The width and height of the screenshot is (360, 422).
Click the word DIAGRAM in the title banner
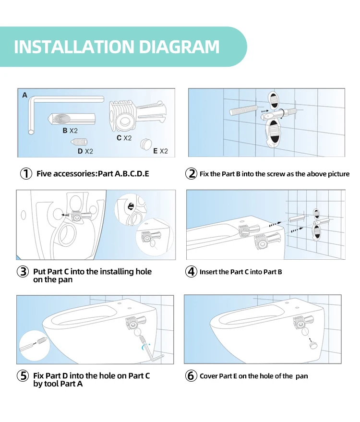pos(179,47)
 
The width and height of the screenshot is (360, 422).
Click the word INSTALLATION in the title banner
pos(74,47)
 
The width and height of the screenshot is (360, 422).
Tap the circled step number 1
pos(26,174)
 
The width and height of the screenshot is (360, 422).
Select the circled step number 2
pos(191,174)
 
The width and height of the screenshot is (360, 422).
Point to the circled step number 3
pos(23,272)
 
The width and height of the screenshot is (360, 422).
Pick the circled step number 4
pos(191,272)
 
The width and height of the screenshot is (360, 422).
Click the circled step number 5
pos(23,376)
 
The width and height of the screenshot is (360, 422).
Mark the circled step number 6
pos(191,376)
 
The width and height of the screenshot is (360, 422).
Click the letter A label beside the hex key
pos(25,95)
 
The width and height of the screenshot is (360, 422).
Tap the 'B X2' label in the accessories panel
pos(70,131)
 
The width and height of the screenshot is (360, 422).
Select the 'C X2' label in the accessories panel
pos(124,138)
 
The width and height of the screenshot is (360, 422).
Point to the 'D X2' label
pos(85,151)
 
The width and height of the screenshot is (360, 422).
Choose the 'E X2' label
pos(160,151)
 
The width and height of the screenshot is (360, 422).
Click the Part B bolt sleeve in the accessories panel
pos(72,119)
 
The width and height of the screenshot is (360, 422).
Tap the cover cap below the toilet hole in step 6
pos(313,345)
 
